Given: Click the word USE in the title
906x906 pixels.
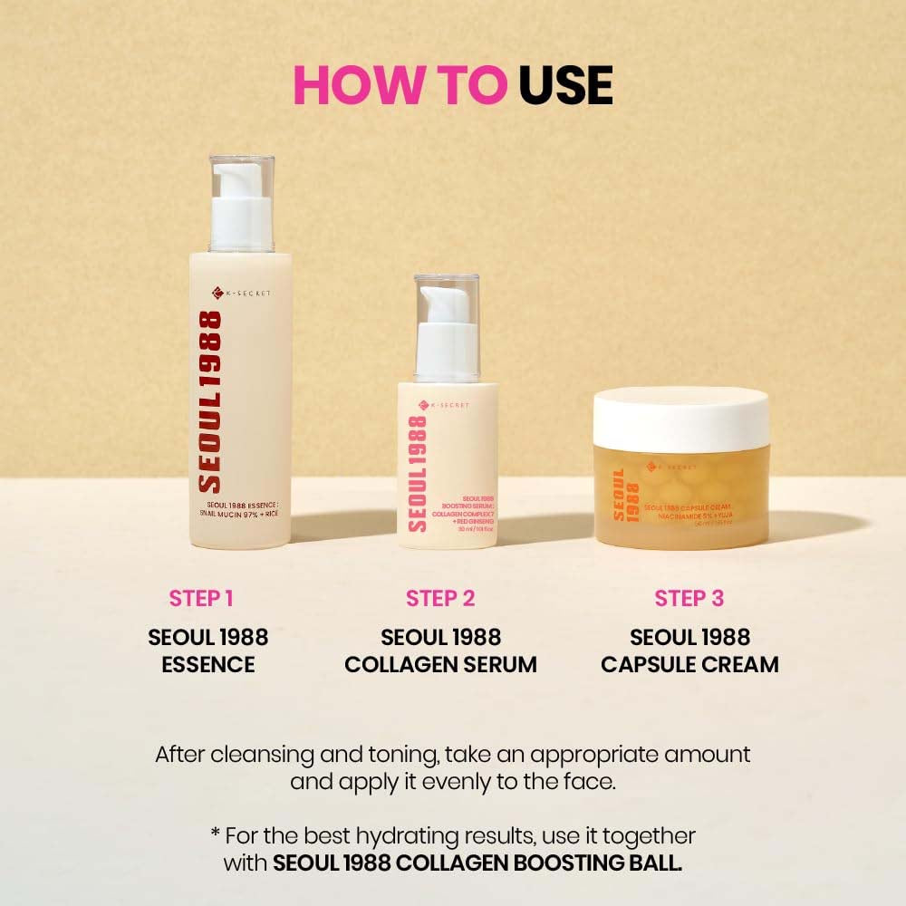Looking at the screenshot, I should point(565,84).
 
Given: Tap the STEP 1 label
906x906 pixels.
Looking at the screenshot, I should point(201,598).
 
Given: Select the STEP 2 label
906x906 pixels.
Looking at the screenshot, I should point(440,598).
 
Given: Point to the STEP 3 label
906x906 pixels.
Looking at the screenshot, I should point(689,598).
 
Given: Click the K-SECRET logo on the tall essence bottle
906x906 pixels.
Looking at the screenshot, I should point(241,293).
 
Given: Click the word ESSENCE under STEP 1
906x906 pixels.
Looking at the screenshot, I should point(207,664).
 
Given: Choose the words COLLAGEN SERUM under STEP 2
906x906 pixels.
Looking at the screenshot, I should point(440,664).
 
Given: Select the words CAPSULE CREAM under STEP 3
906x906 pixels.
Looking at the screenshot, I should point(689,664).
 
